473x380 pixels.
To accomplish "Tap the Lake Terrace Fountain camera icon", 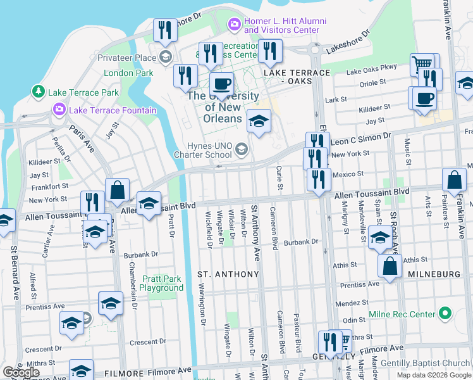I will [59, 110].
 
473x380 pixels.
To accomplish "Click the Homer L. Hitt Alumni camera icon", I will [235, 24].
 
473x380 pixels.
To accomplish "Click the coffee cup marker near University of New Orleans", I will [221, 84].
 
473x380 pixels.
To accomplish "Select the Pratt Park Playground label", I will [161, 283].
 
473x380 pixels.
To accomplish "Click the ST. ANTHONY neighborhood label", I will [228, 274].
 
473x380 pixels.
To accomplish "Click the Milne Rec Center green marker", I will [445, 313].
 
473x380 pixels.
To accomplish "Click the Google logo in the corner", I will [21, 372].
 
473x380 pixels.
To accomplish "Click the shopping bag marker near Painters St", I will [454, 180].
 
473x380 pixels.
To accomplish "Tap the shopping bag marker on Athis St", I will [390, 267].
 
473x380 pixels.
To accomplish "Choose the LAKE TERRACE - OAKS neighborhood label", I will [297, 77].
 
